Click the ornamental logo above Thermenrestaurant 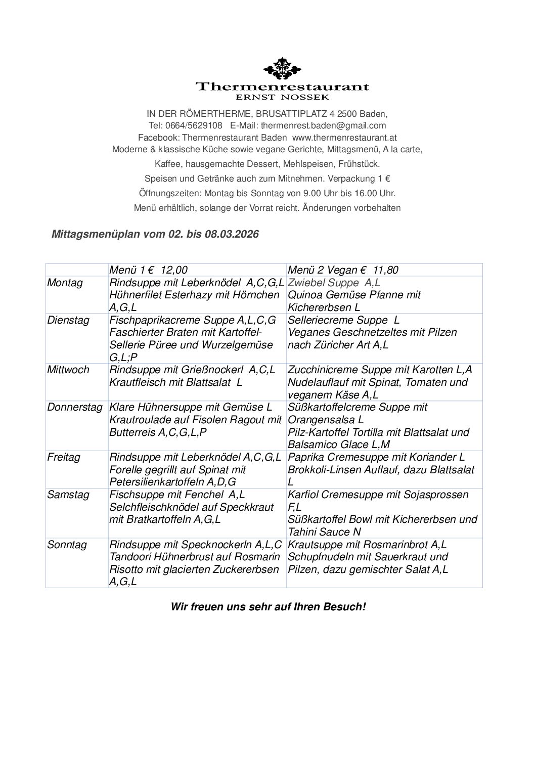coord(283,69)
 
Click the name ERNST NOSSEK coord(283,97)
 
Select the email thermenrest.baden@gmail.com coord(323,125)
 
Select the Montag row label coord(65,283)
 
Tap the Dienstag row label coord(68,320)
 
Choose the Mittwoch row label coord(68,370)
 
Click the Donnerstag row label coord(75,407)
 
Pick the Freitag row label coord(64,457)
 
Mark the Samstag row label coord(68,495)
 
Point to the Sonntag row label coord(67,545)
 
